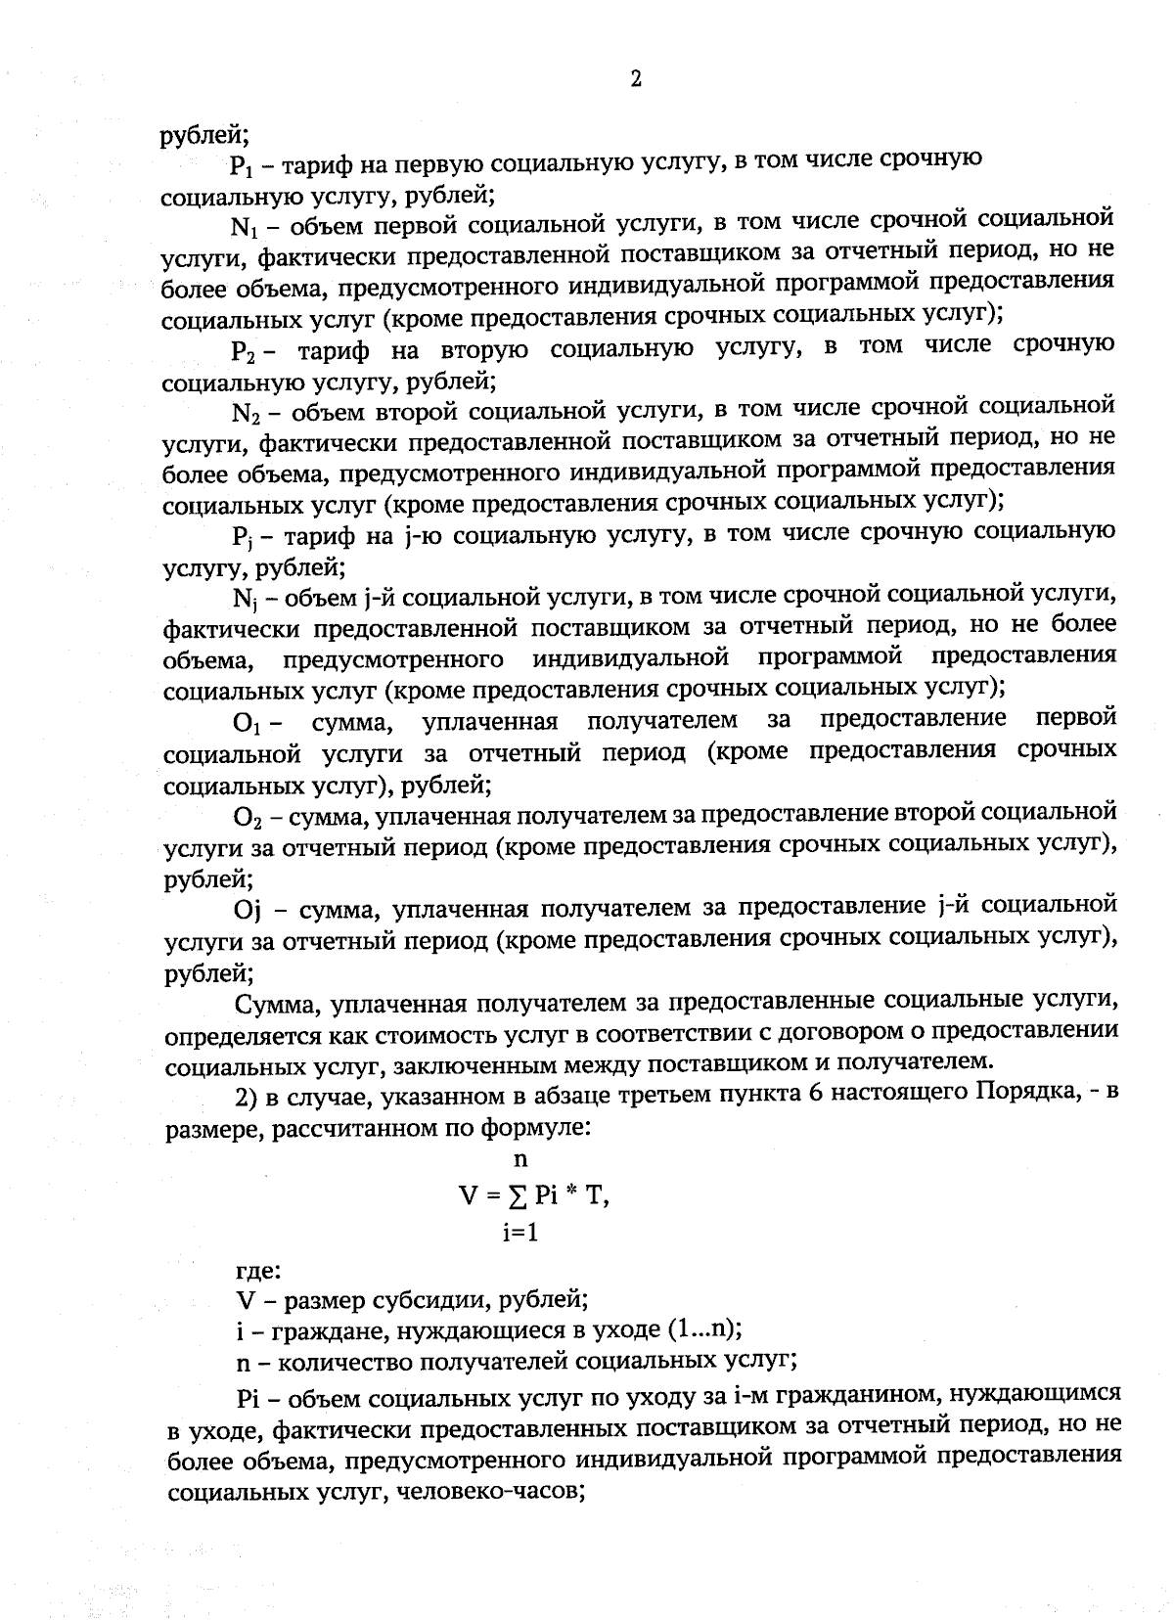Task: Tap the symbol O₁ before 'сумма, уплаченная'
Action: click(246, 725)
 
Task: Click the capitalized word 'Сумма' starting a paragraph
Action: click(276, 1004)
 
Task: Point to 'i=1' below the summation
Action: click(520, 1233)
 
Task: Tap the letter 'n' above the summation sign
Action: click(520, 1160)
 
